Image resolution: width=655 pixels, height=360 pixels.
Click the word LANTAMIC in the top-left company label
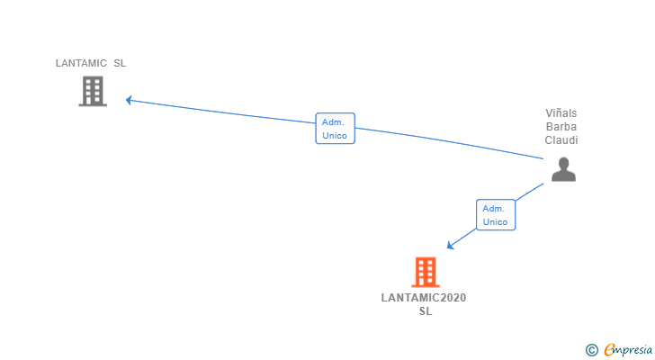point(80,64)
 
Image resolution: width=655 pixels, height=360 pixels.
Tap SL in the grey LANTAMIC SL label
point(120,64)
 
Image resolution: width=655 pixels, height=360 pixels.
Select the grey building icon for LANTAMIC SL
point(93,91)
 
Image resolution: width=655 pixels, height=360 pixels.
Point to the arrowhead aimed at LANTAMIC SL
point(130,100)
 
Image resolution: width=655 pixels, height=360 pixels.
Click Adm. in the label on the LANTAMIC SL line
point(335,121)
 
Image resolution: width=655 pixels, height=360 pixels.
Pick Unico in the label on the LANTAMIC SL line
point(335,136)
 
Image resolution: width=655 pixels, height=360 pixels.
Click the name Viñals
point(561,113)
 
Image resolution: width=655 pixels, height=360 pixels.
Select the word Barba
point(561,127)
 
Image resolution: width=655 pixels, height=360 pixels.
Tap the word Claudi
point(561,140)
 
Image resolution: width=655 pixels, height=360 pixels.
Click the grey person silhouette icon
point(563,169)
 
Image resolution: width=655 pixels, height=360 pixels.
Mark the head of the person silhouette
point(563,163)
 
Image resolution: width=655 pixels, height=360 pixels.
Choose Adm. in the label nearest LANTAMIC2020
point(495,208)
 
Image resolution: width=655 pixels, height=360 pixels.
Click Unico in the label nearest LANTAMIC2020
point(495,222)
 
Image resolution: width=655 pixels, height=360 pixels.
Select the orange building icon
point(425,272)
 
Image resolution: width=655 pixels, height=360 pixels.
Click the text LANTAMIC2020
point(425,298)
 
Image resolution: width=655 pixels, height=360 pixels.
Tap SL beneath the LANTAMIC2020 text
point(425,311)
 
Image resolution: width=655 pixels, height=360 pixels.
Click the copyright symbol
point(591,350)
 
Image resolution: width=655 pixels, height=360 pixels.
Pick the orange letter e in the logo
point(609,350)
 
